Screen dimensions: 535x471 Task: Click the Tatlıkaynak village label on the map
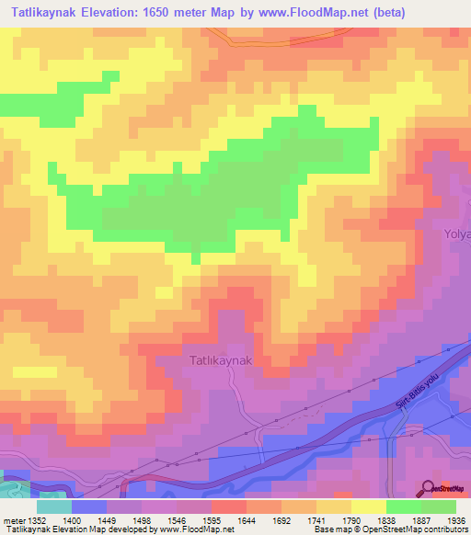point(220,361)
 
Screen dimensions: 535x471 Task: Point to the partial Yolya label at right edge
point(457,234)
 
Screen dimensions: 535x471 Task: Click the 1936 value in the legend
point(456,519)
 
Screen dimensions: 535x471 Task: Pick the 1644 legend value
point(247,519)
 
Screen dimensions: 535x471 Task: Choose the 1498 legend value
point(142,519)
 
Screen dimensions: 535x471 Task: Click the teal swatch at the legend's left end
point(54,507)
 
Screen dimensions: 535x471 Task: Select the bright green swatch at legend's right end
point(439,507)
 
